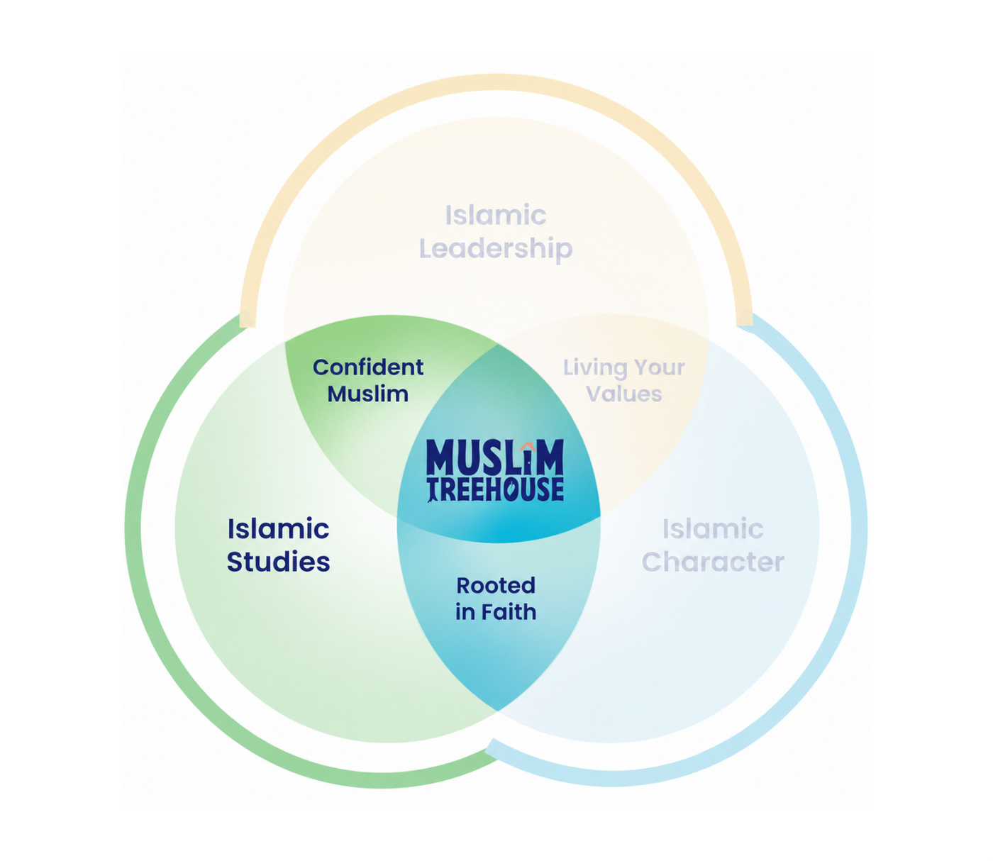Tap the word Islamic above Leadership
(x=496, y=215)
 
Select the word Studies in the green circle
(x=279, y=562)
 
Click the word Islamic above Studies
(x=279, y=529)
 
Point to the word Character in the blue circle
(x=713, y=562)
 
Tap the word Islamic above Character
(x=713, y=529)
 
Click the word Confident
(x=368, y=367)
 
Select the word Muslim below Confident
(x=368, y=394)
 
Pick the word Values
(x=624, y=394)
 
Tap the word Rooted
(x=496, y=586)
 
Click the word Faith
(x=509, y=612)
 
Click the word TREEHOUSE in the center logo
(x=495, y=489)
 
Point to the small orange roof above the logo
(x=528, y=446)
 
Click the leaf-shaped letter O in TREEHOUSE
(x=511, y=489)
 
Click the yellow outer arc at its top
(x=496, y=82)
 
